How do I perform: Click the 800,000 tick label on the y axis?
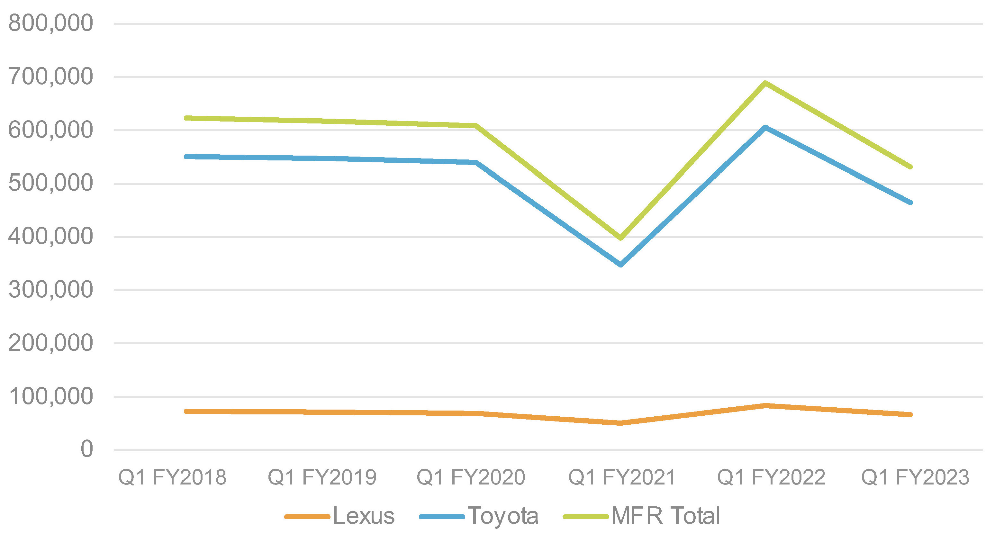(x=51, y=23)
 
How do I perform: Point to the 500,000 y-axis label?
(x=51, y=183)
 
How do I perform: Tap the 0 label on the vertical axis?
(x=86, y=449)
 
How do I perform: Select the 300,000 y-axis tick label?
(x=51, y=290)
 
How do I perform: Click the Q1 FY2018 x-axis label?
(x=172, y=477)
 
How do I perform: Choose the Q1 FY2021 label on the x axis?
(x=622, y=477)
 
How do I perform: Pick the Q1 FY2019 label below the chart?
(x=322, y=477)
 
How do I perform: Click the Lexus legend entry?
(x=340, y=516)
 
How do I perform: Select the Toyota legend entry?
(x=479, y=516)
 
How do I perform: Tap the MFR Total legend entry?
(x=642, y=516)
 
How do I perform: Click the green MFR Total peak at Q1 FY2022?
(x=765, y=83)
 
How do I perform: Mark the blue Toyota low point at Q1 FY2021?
(x=620, y=265)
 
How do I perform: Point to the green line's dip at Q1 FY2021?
(x=620, y=238)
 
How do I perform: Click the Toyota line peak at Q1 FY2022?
(x=765, y=127)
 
